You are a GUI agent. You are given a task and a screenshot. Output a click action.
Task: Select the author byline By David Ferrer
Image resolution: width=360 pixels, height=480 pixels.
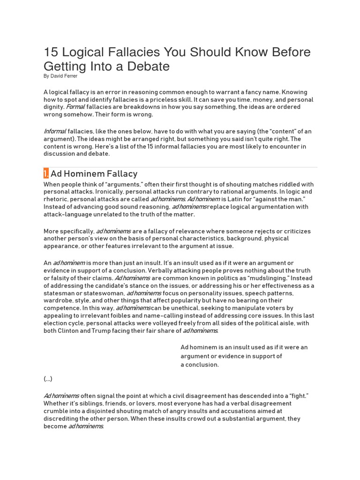60,76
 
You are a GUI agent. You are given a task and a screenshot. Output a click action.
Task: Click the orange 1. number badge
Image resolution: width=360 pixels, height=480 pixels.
46,174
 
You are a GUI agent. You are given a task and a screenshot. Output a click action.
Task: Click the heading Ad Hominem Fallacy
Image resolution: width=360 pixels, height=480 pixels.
94,174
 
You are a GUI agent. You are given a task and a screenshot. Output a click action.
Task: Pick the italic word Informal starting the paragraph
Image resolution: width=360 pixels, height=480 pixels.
55,131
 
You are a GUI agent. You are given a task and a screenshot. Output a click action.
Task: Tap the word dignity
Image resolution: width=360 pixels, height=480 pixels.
54,107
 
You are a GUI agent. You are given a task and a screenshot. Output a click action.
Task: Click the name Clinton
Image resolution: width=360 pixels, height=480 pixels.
72,330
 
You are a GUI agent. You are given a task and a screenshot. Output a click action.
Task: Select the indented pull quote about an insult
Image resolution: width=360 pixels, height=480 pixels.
244,356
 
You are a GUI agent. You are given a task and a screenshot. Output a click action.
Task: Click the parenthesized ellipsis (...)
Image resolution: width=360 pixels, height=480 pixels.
48,379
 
